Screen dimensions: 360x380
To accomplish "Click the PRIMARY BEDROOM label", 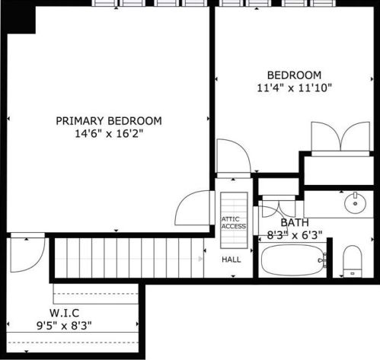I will click(x=109, y=120).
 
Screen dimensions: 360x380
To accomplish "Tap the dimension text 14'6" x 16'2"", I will click(x=109, y=133).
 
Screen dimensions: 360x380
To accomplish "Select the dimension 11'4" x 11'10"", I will click(x=294, y=88).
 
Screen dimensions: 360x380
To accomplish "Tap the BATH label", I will click(x=295, y=223).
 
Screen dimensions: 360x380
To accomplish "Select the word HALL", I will click(x=232, y=260).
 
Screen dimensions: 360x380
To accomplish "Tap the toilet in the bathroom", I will click(x=352, y=260).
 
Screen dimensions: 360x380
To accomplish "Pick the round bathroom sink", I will click(x=354, y=203).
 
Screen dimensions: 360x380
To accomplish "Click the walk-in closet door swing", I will click(x=23, y=256).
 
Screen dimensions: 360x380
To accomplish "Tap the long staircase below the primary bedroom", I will click(x=126, y=258).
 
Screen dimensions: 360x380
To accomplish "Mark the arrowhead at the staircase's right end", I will click(x=202, y=259).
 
